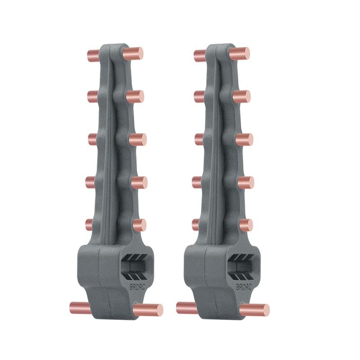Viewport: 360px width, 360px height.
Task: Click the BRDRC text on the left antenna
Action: [135, 287]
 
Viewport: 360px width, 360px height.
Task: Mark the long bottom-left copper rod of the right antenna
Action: [186, 308]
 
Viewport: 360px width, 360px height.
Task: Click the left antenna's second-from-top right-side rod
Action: [135, 96]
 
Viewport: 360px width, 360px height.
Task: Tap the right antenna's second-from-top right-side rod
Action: [242, 96]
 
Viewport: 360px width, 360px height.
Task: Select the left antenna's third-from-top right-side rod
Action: [138, 139]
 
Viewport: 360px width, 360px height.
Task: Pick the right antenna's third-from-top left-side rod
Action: [198, 139]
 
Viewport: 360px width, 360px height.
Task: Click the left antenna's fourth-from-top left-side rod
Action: [91, 182]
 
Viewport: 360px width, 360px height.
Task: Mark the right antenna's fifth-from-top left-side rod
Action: [197, 225]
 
